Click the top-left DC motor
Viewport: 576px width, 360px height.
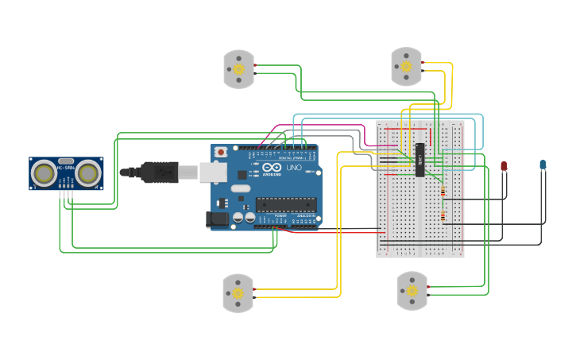[238, 68]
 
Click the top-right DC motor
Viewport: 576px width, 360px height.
[406, 66]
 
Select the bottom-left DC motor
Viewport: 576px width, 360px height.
[238, 292]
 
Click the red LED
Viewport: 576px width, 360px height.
[504, 165]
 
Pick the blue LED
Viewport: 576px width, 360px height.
[543, 165]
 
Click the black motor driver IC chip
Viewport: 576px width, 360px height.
[419, 159]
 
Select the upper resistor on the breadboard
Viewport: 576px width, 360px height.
[442, 192]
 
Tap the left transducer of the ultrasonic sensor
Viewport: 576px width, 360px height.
[44, 172]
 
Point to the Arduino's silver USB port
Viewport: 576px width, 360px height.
[211, 172]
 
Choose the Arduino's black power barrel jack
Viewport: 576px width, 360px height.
[217, 220]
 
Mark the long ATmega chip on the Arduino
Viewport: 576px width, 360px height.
[285, 204]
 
